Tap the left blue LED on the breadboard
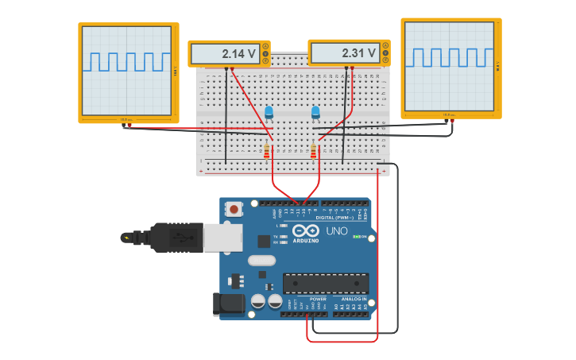269,112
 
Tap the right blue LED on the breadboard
315,113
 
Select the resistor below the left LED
267,149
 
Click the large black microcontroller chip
326,283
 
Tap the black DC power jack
228,304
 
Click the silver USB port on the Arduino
222,238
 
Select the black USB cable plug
172,237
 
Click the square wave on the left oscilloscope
127,62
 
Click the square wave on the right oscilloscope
450,57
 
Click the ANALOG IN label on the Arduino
354,299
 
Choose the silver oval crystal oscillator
261,261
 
